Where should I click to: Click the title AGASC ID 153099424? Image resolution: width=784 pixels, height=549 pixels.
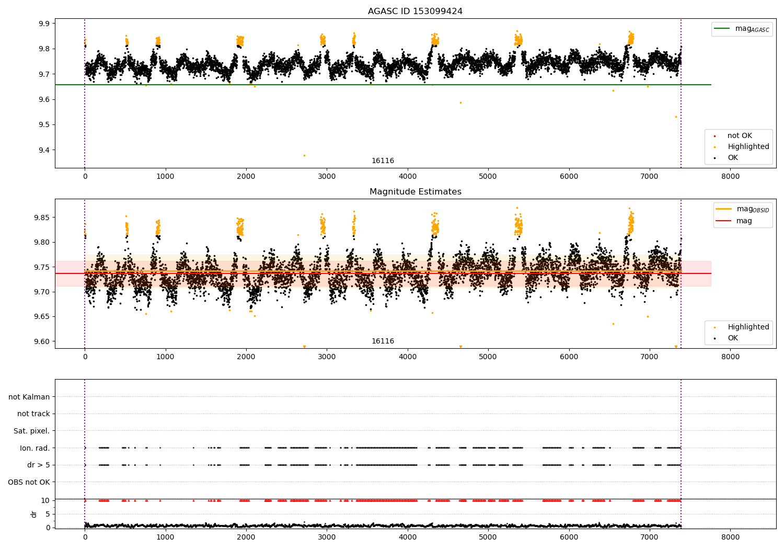point(415,12)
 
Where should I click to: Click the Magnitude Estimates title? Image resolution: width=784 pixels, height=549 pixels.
point(415,192)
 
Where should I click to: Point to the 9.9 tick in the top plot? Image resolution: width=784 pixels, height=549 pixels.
point(44,24)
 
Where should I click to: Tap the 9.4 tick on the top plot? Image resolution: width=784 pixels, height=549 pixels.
point(44,150)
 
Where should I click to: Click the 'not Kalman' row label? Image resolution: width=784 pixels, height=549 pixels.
point(29,397)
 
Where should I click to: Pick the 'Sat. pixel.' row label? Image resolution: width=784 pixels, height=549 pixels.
point(31,431)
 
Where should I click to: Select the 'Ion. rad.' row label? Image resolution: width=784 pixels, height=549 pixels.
point(34,448)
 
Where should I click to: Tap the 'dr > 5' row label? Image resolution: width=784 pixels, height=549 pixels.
point(38,465)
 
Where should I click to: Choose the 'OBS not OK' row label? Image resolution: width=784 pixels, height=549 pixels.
point(29,482)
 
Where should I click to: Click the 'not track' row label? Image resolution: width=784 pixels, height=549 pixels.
point(33,414)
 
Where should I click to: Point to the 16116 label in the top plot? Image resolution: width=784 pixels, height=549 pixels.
point(383,161)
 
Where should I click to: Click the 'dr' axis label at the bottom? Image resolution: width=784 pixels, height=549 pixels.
point(34,514)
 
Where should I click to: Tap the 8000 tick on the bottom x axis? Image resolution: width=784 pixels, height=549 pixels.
point(730,537)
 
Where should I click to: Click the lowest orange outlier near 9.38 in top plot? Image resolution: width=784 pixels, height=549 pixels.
point(304,155)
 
